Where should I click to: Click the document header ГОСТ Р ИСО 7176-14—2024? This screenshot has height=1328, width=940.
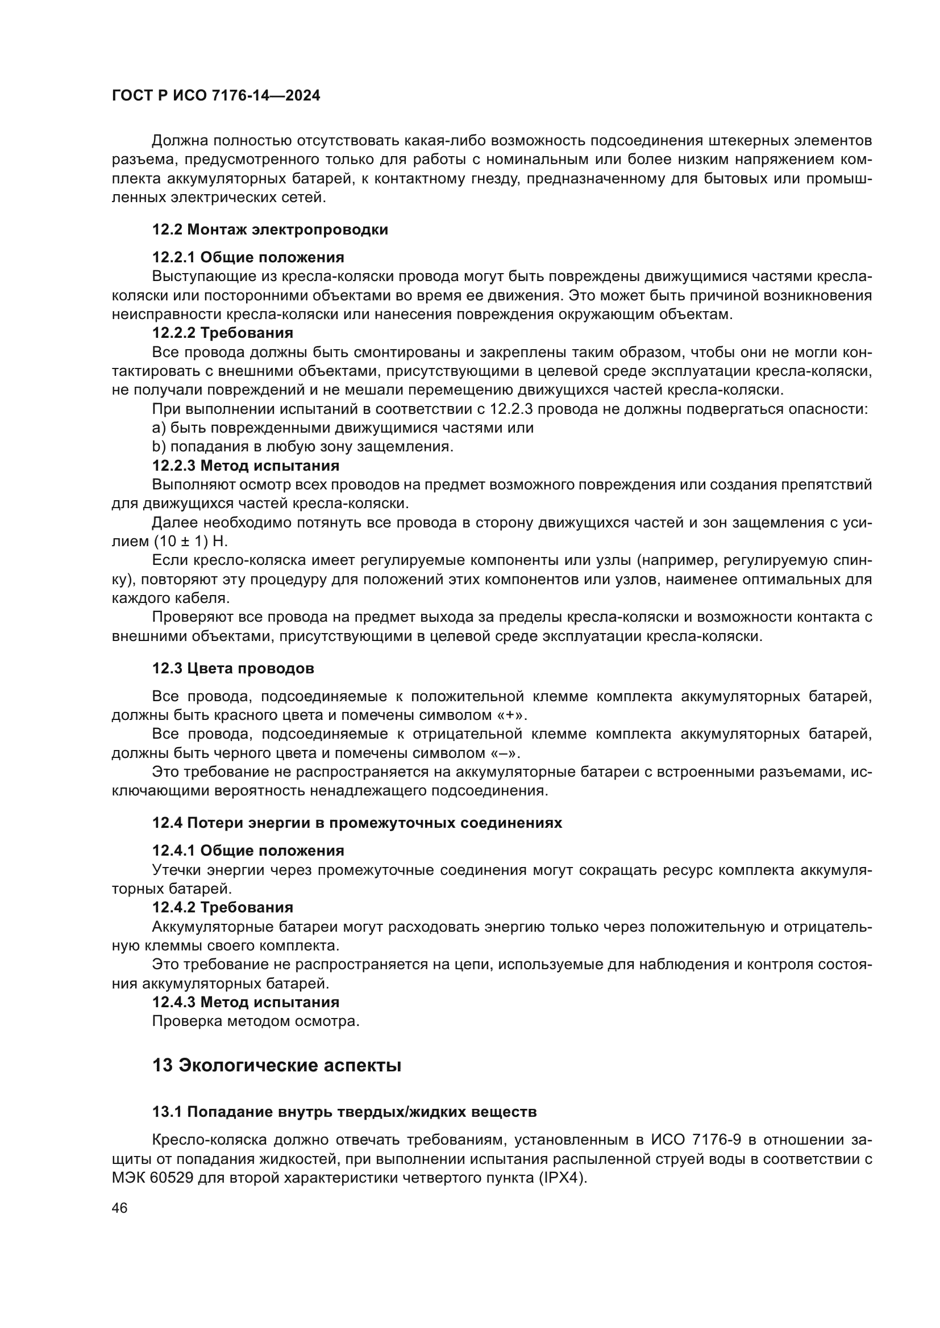pos(215,96)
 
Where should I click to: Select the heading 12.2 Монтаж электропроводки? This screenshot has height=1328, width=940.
pos(270,229)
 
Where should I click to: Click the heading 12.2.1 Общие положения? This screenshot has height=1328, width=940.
pos(248,257)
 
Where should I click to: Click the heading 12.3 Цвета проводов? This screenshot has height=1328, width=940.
pos(232,669)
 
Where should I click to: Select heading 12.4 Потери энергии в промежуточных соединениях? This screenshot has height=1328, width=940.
pos(356,823)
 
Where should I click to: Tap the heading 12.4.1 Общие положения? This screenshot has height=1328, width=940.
pos(248,851)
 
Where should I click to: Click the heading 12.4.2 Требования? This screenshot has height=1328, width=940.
pos(222,907)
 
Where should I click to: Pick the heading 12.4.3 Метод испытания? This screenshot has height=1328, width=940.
pos(246,1002)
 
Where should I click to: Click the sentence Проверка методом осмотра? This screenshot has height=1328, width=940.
pos(255,1021)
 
